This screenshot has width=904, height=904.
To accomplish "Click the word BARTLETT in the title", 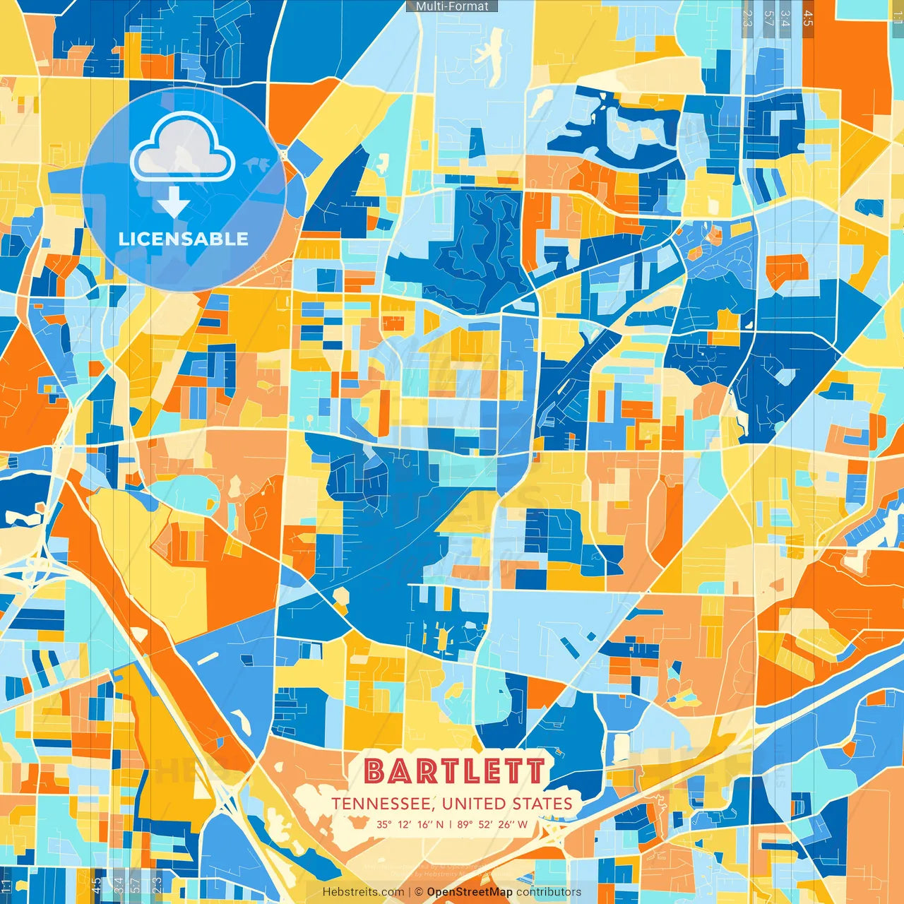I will [456, 771].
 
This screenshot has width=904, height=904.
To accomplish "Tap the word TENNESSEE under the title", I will [382, 804].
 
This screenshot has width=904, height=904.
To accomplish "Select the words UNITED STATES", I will [507, 804].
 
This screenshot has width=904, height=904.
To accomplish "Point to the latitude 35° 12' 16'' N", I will [410, 824].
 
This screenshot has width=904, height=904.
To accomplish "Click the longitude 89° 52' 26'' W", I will [492, 824].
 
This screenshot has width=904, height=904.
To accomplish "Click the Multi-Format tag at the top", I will [452, 6].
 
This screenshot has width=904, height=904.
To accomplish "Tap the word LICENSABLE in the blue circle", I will [184, 239].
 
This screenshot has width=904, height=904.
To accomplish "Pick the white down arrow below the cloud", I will [173, 203].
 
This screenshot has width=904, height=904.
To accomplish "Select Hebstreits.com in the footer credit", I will [363, 892].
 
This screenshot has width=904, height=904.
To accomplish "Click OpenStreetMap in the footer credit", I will [470, 892].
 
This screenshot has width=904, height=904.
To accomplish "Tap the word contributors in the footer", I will [549, 892].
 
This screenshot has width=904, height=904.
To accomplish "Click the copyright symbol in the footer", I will [419, 892].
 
